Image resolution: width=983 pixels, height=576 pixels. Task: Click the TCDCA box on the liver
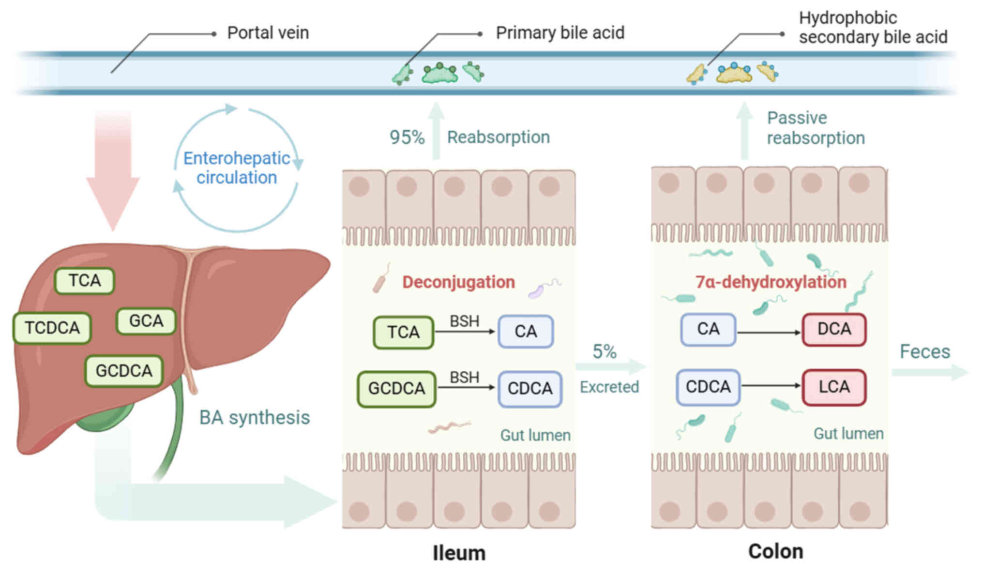[x=52, y=328]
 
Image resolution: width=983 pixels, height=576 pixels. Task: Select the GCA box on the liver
[x=146, y=321]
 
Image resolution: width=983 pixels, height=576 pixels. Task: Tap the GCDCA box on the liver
[x=124, y=371]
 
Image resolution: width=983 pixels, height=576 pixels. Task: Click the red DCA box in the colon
[x=834, y=330]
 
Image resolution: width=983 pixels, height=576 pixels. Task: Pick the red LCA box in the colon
[x=834, y=387]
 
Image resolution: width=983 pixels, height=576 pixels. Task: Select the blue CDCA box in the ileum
[x=530, y=389]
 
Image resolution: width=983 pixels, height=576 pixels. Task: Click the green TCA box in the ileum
[x=403, y=332]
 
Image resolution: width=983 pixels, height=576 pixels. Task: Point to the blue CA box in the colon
[x=708, y=330]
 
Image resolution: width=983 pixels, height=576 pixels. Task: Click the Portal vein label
[x=268, y=33]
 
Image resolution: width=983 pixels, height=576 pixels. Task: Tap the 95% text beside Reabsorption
[x=407, y=137]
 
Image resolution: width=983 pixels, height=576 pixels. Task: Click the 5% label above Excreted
[x=605, y=352]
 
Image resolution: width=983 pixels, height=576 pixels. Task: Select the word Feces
[x=924, y=352]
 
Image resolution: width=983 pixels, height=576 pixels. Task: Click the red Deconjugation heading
[x=458, y=282]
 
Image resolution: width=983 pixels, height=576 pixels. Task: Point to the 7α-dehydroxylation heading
[x=771, y=282]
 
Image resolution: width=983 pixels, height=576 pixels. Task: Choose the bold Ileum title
[x=459, y=553]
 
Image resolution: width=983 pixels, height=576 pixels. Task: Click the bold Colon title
[x=775, y=552]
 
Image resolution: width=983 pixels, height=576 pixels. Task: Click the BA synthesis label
[x=255, y=418]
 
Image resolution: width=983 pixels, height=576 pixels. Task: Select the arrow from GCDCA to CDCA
[x=466, y=387]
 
